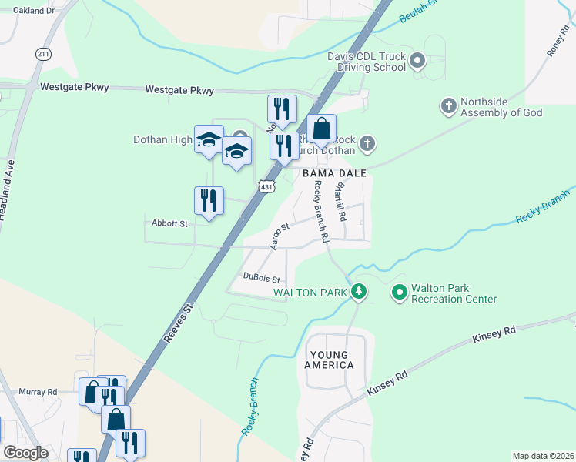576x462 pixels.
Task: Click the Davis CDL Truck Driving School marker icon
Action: tap(417, 59)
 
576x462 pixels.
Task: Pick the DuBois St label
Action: tap(260, 277)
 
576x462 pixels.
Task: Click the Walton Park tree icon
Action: tap(358, 292)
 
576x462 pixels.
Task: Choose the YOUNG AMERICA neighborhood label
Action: tap(329, 360)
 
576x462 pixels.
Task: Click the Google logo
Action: tap(25, 453)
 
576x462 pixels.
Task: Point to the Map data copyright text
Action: tap(543, 456)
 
